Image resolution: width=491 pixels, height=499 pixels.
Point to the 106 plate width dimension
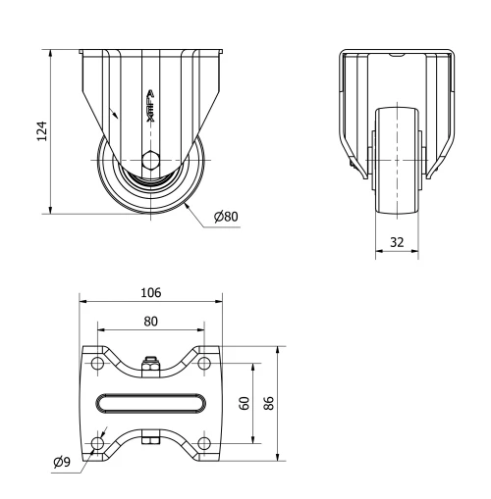150,292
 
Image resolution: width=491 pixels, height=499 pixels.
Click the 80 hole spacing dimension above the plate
150,320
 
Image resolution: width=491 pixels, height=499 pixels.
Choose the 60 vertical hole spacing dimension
245,403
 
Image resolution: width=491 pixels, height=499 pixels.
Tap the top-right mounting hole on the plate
204,365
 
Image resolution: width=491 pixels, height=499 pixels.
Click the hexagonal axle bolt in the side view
150,161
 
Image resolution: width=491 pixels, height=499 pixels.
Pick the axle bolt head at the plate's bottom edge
150,440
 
